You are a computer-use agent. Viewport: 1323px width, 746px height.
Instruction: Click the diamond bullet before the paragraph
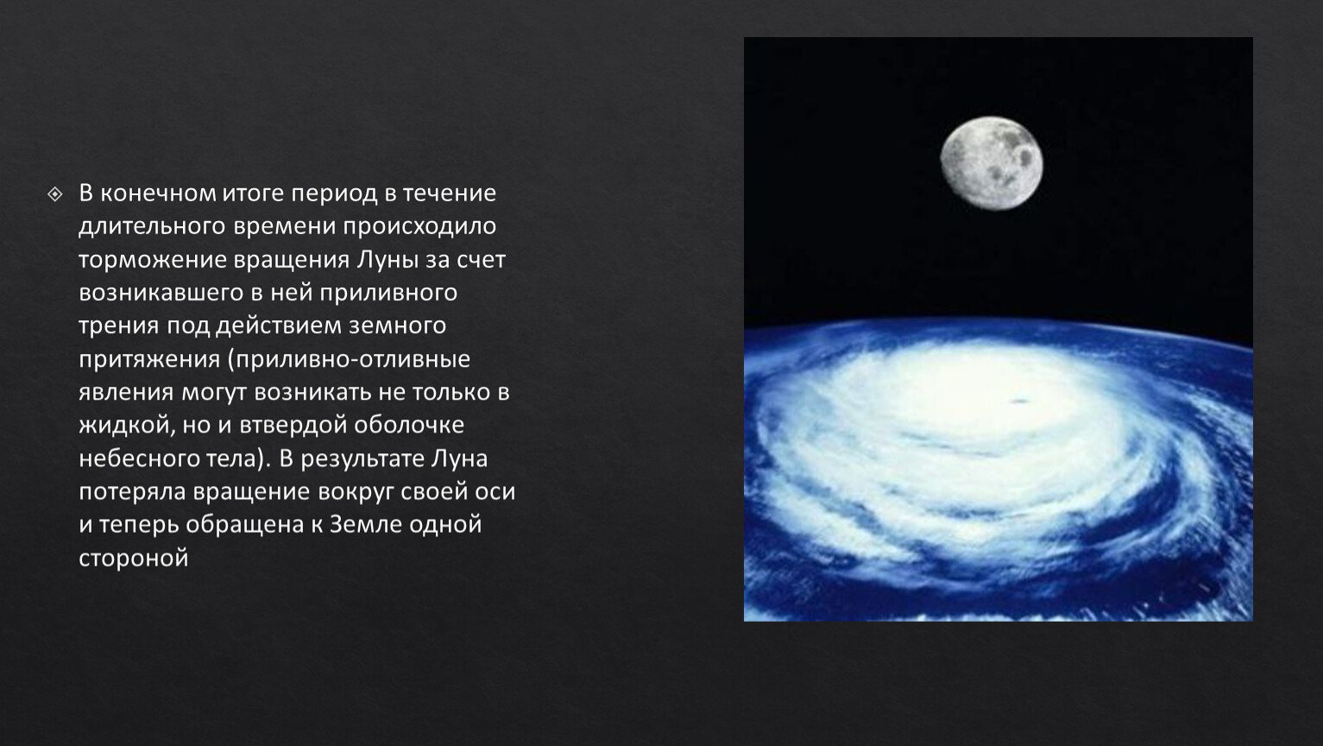tap(55, 194)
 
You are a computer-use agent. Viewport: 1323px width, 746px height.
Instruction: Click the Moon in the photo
tap(992, 163)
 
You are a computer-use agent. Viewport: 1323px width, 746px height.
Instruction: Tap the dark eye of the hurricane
tap(1019, 401)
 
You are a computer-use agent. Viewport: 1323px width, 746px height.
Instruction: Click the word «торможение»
tap(152, 260)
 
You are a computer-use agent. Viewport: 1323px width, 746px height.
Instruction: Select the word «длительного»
tap(152, 226)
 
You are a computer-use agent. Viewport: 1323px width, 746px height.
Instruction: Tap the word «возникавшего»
tap(161, 294)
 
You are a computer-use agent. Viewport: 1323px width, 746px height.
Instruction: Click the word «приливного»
tap(388, 294)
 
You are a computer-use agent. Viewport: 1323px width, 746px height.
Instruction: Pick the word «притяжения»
tap(149, 359)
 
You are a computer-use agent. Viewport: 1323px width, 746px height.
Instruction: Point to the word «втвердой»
tap(293, 426)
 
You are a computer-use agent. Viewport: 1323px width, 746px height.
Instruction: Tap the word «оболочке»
tap(409, 426)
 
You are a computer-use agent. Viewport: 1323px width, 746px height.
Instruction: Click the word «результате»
tap(362, 459)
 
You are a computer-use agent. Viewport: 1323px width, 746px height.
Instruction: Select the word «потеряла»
tap(133, 492)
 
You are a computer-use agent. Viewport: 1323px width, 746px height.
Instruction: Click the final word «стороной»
tap(134, 559)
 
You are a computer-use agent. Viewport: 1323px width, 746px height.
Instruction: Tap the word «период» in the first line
tap(334, 194)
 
